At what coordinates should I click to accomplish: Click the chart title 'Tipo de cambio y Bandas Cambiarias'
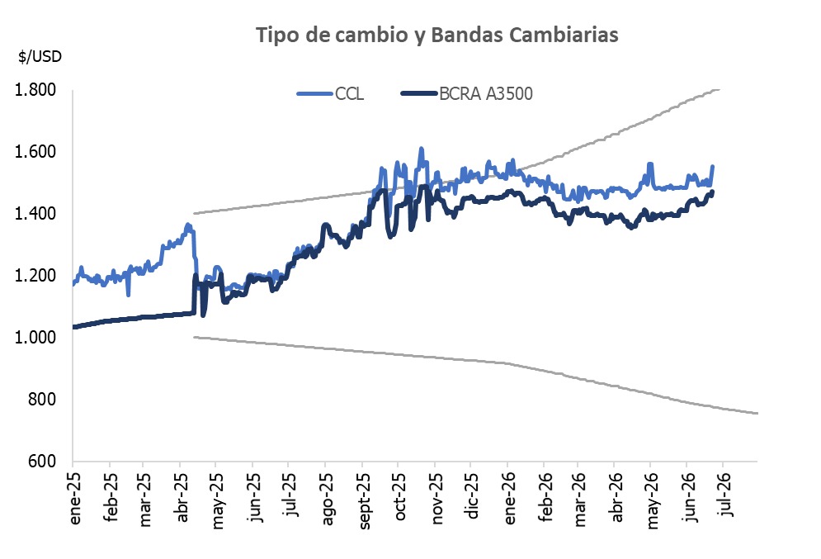click(x=436, y=36)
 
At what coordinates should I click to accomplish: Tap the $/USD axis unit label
click(x=40, y=57)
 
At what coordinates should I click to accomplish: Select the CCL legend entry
click(x=330, y=94)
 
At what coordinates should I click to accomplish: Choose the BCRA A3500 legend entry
click(x=467, y=94)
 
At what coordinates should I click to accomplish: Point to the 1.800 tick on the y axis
click(x=35, y=90)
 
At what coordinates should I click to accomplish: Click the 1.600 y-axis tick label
click(x=35, y=152)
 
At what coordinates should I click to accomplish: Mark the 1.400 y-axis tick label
click(x=35, y=214)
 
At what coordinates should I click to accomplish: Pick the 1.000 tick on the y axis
click(x=35, y=338)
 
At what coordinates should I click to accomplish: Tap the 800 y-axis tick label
click(x=42, y=399)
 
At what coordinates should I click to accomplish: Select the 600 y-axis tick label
click(x=42, y=461)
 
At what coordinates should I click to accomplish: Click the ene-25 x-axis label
click(x=74, y=498)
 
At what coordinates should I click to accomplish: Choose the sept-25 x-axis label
click(x=364, y=501)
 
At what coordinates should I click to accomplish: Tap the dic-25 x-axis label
click(x=472, y=495)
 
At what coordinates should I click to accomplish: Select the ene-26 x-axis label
click(x=509, y=498)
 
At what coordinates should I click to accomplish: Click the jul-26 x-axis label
click(x=725, y=495)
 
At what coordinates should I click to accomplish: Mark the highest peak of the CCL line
click(x=421, y=149)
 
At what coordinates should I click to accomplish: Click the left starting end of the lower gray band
click(x=194, y=337)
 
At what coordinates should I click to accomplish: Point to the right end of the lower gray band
click(x=757, y=414)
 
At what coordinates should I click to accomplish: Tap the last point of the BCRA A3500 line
click(x=712, y=192)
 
